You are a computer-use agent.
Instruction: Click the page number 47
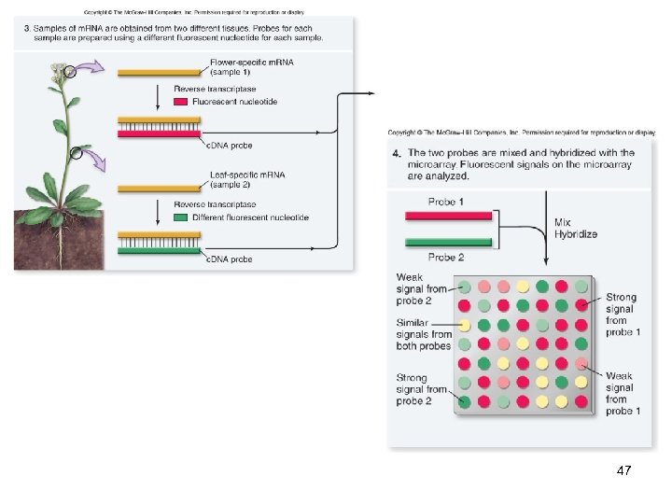[x=624, y=471]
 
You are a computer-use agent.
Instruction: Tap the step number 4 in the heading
[x=397, y=153]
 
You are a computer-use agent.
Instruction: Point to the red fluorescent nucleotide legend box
[x=181, y=102]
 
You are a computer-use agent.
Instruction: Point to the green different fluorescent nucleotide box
[x=181, y=217]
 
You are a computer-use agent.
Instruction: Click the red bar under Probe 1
[x=449, y=217]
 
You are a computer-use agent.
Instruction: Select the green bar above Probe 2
[x=449, y=243]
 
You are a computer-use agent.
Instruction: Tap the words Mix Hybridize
[x=575, y=228]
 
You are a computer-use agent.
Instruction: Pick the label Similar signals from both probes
[x=423, y=334]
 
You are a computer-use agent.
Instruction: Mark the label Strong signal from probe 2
[x=421, y=389]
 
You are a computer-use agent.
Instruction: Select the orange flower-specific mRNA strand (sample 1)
[x=157, y=71]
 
